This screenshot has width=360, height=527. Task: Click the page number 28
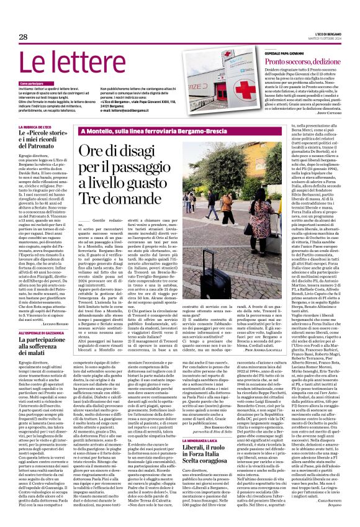pos(23,37)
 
